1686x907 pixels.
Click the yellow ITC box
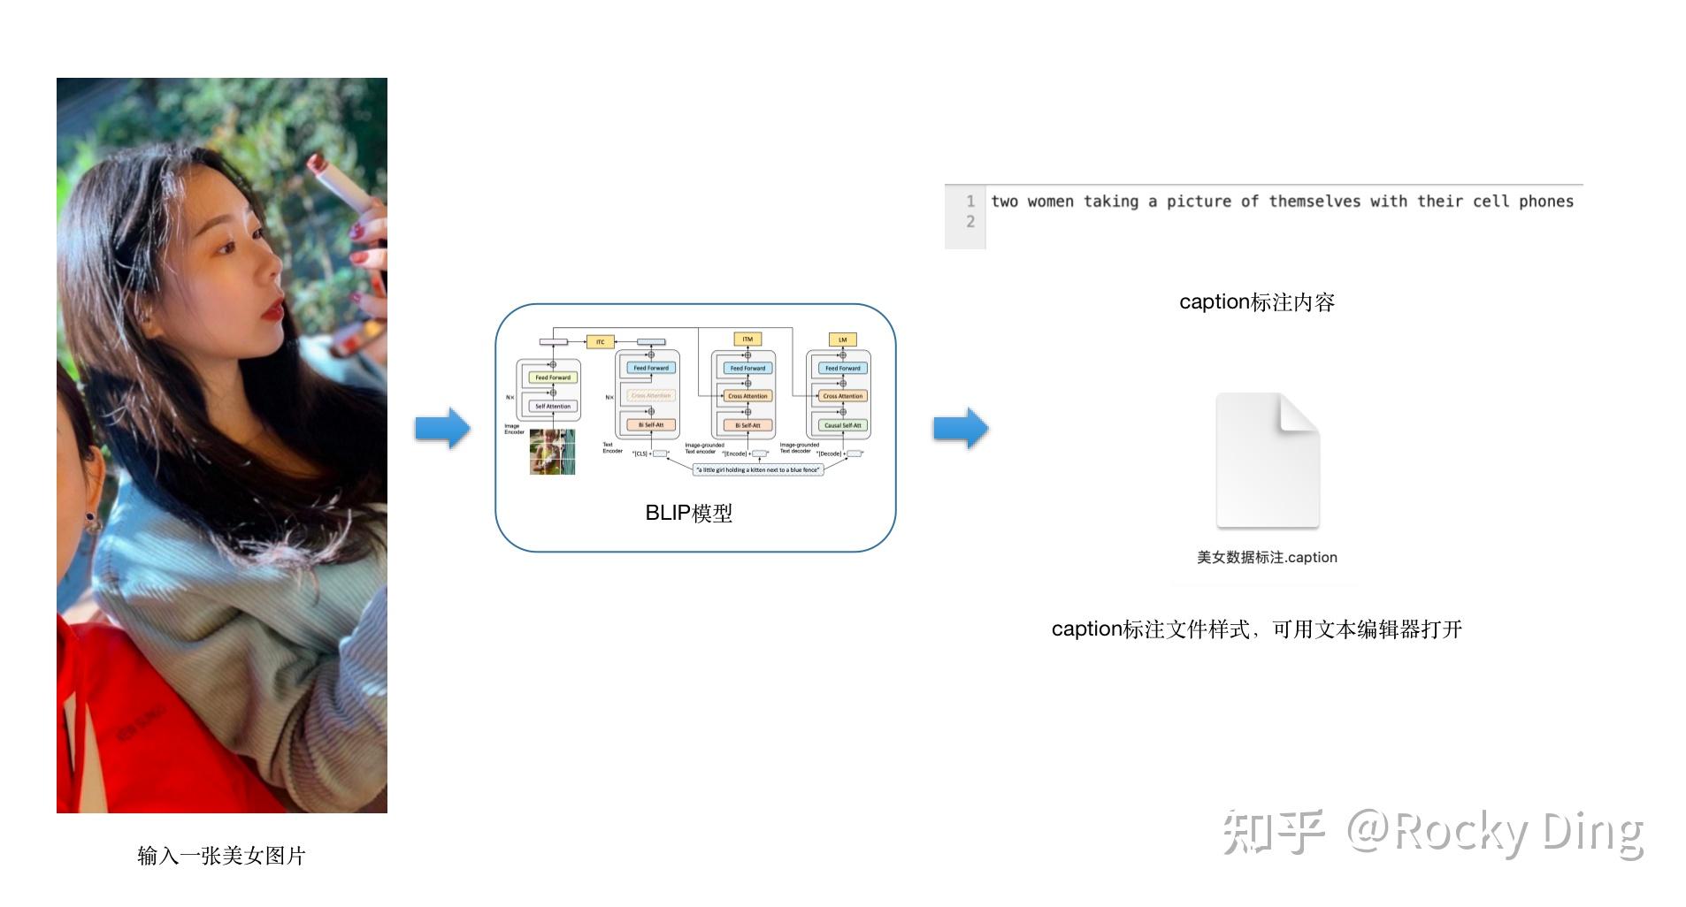click(x=600, y=342)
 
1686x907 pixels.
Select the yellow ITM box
click(x=747, y=339)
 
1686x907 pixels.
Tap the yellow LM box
click(x=842, y=339)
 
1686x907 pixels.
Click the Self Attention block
click(x=553, y=407)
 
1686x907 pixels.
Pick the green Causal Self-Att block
click(x=842, y=425)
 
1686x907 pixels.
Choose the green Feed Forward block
click(x=553, y=377)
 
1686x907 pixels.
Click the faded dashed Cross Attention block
click(x=651, y=396)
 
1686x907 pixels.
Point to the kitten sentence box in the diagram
click(x=757, y=470)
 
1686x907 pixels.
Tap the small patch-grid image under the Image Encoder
click(x=552, y=452)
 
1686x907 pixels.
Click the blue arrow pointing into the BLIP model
click(x=442, y=429)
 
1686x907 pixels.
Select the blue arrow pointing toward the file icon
click(x=961, y=429)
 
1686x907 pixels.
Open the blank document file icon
click(x=1268, y=461)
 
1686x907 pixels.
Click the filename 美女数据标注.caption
click(x=1267, y=558)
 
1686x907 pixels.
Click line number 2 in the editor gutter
click(x=970, y=222)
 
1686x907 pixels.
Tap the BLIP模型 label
click(x=688, y=514)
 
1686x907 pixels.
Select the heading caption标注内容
click(x=1256, y=302)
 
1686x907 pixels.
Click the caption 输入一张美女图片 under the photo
click(x=221, y=856)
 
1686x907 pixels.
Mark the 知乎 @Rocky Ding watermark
click(x=1433, y=833)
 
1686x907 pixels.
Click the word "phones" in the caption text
click(x=1545, y=202)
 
